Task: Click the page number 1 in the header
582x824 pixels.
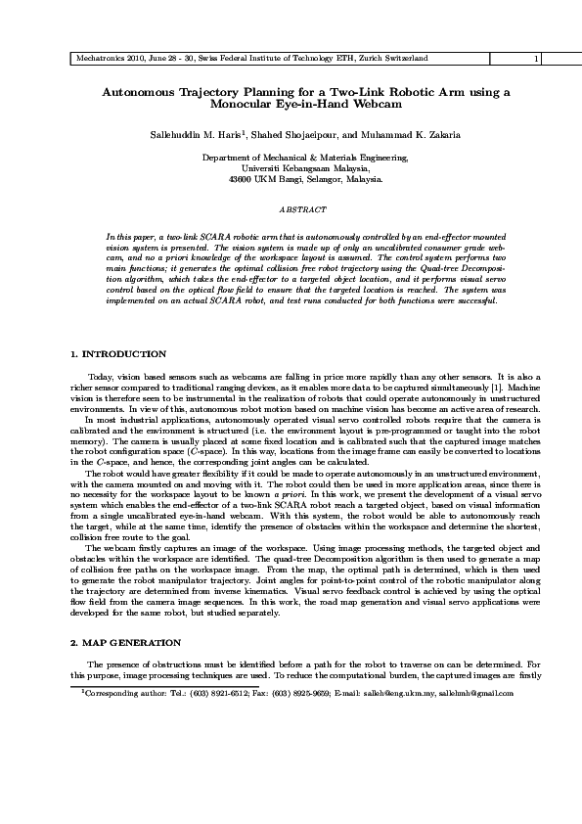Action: (x=536, y=59)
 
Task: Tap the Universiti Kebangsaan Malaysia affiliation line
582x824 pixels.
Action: (x=291, y=168)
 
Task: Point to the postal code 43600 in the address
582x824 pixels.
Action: (x=238, y=180)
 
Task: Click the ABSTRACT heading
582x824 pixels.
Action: (x=291, y=210)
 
